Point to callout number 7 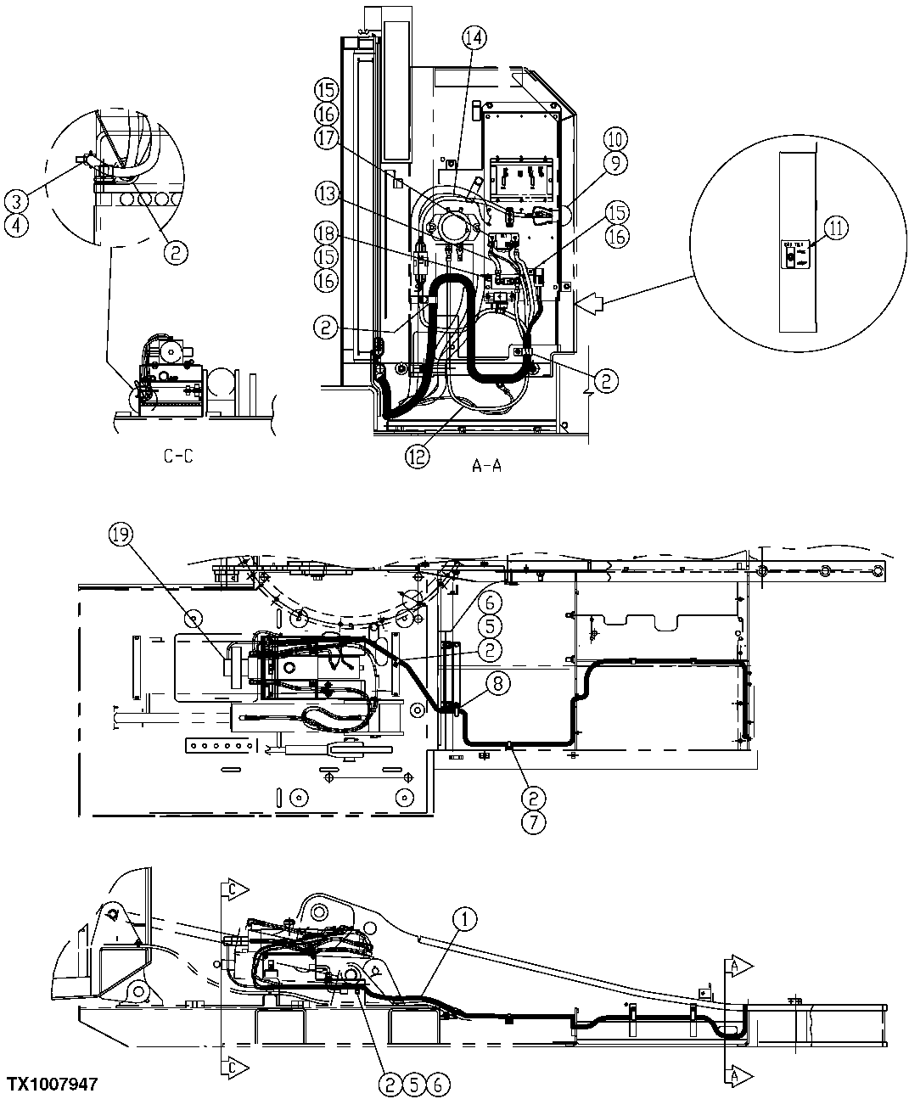[534, 821]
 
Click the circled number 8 [498, 680]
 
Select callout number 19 [121, 534]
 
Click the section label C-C [178, 457]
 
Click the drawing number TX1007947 [53, 1085]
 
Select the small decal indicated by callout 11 [794, 255]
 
